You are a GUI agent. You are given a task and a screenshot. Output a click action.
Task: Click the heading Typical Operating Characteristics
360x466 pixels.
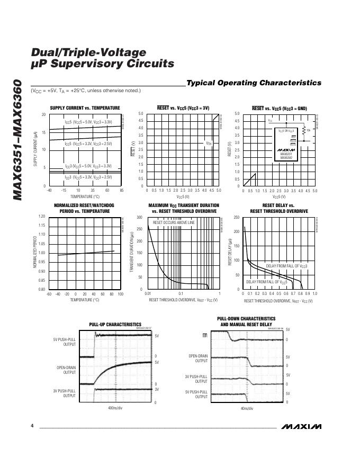point(254,83)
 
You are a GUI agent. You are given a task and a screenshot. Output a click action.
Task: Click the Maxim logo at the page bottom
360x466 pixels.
point(301,426)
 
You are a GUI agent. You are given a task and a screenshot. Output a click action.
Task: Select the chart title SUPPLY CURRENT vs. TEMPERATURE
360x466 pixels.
point(85,108)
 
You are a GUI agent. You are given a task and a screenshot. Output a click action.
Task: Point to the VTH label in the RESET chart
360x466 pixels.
point(209,143)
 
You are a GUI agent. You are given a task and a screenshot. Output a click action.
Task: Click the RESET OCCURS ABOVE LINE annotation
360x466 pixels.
point(174,223)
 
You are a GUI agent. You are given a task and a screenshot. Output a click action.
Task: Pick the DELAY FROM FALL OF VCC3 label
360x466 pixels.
point(286,265)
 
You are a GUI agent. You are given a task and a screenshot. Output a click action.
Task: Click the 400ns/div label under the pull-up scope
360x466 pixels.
point(115,408)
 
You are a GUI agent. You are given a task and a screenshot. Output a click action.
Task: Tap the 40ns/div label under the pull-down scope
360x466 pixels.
point(247,409)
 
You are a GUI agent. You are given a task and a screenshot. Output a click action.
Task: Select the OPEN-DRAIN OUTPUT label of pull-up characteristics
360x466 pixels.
point(67,370)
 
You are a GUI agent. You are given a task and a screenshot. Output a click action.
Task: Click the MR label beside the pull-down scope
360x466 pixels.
point(205,335)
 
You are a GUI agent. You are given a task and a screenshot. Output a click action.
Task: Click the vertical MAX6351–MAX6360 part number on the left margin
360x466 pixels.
point(17,140)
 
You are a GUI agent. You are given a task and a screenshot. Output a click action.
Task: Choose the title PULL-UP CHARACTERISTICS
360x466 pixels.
point(115,325)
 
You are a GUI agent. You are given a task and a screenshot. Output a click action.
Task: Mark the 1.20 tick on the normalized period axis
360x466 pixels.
point(41,217)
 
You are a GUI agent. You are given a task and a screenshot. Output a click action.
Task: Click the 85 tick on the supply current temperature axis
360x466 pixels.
point(122,190)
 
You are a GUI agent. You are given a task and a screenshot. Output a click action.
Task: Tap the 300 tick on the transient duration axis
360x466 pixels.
point(139,218)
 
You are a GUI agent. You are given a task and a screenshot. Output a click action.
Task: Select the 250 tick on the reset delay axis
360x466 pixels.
point(236,218)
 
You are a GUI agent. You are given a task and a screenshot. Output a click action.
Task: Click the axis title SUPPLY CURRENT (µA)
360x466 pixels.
point(35,149)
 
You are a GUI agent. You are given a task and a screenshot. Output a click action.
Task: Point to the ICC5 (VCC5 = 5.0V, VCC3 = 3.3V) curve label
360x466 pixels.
point(88,122)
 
